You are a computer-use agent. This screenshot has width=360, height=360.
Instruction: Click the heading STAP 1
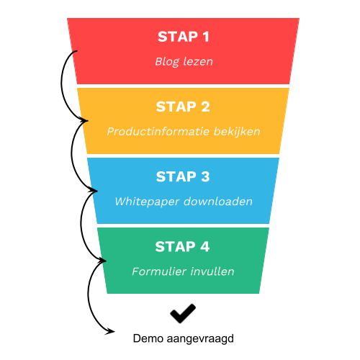(x=184, y=37)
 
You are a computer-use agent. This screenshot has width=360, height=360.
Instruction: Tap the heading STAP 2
(x=183, y=107)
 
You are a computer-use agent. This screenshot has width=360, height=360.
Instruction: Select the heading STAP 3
(x=183, y=176)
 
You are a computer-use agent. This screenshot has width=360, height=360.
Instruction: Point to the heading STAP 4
(x=182, y=246)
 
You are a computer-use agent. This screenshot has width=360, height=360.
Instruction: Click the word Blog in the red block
(x=167, y=62)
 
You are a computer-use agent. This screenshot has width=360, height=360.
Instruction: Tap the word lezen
(x=198, y=61)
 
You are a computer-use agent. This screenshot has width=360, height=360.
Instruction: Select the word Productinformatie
(x=158, y=131)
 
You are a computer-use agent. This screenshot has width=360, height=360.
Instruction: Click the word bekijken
(x=237, y=132)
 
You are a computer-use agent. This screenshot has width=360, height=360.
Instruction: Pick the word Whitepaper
(x=147, y=202)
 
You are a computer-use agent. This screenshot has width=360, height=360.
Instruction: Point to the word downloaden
(x=218, y=201)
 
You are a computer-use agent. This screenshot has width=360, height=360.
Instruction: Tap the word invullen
(x=212, y=271)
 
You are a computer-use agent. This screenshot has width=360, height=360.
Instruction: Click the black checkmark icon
(x=183, y=313)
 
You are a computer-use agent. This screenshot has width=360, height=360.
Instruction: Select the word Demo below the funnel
(x=148, y=338)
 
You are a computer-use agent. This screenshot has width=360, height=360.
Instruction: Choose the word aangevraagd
(x=200, y=339)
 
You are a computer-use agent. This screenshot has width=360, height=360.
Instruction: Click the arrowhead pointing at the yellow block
(x=84, y=120)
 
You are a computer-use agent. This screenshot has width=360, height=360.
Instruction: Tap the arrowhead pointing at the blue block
(x=94, y=190)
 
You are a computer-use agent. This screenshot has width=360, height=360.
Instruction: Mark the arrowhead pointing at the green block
(x=102, y=260)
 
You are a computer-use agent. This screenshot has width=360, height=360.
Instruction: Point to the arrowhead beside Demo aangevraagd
(x=110, y=331)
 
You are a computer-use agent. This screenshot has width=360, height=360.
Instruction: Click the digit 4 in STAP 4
(x=205, y=246)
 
